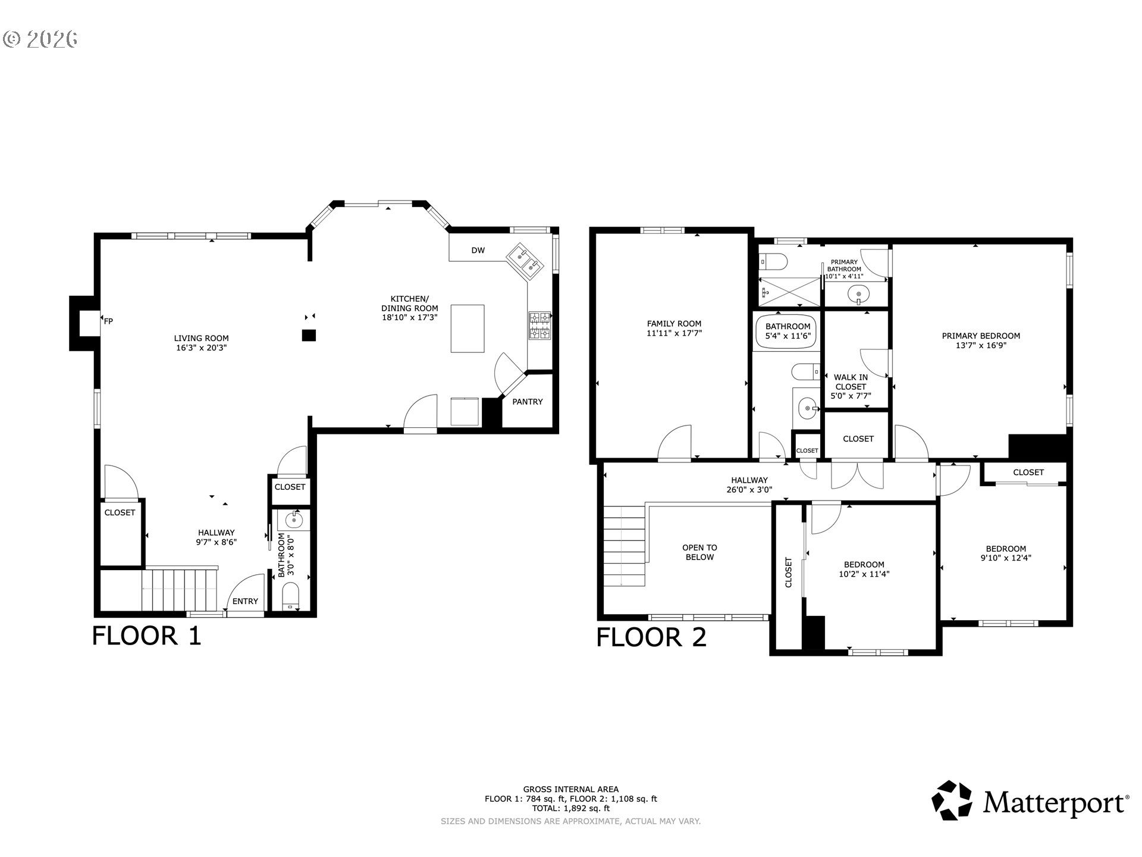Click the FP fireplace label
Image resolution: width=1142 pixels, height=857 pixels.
[x=108, y=321]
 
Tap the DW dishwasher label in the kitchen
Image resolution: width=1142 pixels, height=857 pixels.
[x=478, y=251]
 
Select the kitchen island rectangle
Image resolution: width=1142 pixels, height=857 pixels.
[x=468, y=329]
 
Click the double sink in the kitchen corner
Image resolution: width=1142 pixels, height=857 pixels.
[x=525, y=261]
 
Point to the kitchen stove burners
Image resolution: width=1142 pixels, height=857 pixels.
[x=540, y=326]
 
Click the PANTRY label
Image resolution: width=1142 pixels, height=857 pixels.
[x=528, y=402]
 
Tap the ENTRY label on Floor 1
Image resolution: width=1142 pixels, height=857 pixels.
[x=245, y=601]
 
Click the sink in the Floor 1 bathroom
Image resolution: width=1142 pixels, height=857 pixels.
[x=294, y=521]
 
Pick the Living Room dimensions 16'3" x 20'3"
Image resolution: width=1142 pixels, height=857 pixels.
[x=202, y=348]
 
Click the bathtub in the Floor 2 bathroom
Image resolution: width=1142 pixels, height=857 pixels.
[x=786, y=330]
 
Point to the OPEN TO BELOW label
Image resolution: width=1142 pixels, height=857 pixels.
[x=699, y=552]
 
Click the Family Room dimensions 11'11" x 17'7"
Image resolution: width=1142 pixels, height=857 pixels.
[x=674, y=333]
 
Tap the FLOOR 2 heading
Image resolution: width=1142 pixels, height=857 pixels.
[x=651, y=637]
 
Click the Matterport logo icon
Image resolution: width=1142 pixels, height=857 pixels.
[x=952, y=800]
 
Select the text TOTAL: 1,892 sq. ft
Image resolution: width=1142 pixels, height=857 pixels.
[x=571, y=808]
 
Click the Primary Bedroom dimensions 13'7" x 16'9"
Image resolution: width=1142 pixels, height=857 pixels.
[x=981, y=345]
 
